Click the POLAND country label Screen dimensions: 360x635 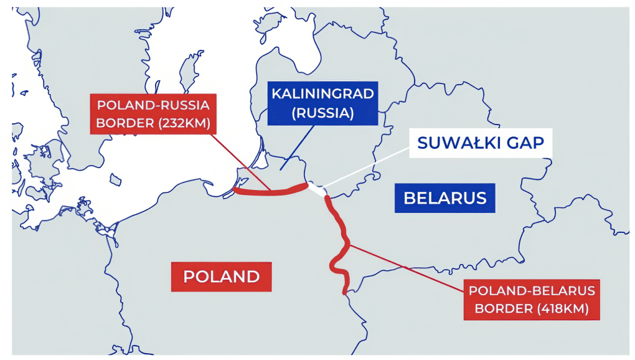[x=222, y=276]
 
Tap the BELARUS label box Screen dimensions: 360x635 [x=445, y=198]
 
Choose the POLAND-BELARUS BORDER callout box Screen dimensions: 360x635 [x=532, y=299]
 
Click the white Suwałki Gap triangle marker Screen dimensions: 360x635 [x=319, y=191]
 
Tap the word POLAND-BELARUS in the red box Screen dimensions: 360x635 [x=532, y=290]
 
